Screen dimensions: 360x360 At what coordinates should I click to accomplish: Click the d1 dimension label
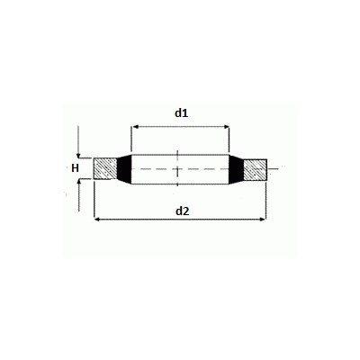pos(180,113)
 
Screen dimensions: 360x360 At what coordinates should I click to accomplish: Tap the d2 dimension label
pos(182,211)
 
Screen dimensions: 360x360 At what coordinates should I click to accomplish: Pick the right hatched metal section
pos(256,168)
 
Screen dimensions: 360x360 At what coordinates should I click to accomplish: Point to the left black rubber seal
pos(125,168)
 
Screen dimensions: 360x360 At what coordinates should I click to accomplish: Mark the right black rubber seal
pos(236,168)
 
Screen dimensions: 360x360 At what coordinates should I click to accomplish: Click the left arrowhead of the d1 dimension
pos(137,127)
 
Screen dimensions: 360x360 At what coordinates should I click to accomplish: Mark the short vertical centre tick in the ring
pos(180,168)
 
